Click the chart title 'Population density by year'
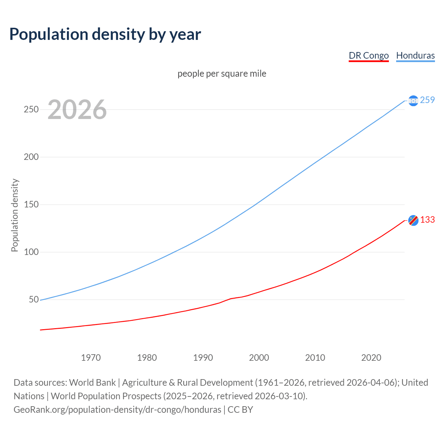105,34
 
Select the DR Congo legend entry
368,55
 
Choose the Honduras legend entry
415,55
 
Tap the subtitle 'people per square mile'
222,74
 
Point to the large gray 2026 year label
77,110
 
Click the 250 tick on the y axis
31,110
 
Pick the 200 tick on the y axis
31,157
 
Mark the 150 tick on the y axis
31,205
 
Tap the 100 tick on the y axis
31,252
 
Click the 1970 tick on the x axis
91,358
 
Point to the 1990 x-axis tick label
203,358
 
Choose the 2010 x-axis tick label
315,358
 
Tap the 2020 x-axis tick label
371,358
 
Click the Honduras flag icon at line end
413,101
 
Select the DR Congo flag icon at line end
413,220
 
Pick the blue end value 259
427,100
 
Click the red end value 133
427,220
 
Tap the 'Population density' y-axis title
15,215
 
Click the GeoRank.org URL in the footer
117,410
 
